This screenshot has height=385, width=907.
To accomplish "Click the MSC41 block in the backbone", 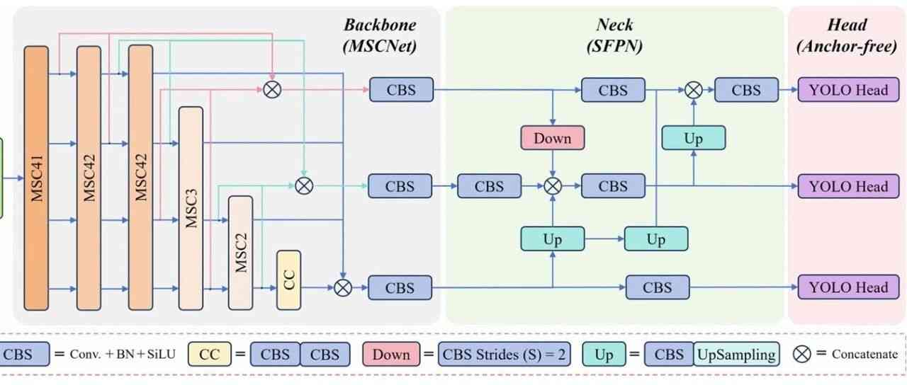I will click(38, 178).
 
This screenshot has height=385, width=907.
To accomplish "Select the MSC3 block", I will click(191, 208).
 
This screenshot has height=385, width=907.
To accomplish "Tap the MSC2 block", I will click(240, 253).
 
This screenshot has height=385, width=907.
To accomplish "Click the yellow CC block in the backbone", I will click(288, 280).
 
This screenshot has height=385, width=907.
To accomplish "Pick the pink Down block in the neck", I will click(553, 138).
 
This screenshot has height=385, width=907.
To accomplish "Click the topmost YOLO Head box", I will click(843, 91).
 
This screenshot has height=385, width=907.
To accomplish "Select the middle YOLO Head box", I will click(843, 187).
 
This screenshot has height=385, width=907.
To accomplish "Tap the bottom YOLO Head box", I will click(843, 287).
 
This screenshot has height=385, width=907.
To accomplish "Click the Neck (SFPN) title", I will click(614, 36).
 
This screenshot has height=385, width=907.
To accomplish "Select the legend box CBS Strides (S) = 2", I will click(503, 354).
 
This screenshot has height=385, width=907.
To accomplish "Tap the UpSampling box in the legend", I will click(736, 354).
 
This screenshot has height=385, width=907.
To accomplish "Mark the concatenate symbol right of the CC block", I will click(343, 287).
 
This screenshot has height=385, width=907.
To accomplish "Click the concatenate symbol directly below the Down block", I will click(553, 186).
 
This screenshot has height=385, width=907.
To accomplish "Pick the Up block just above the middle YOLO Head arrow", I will click(693, 138).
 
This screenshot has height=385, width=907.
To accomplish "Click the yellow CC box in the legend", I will click(210, 354).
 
